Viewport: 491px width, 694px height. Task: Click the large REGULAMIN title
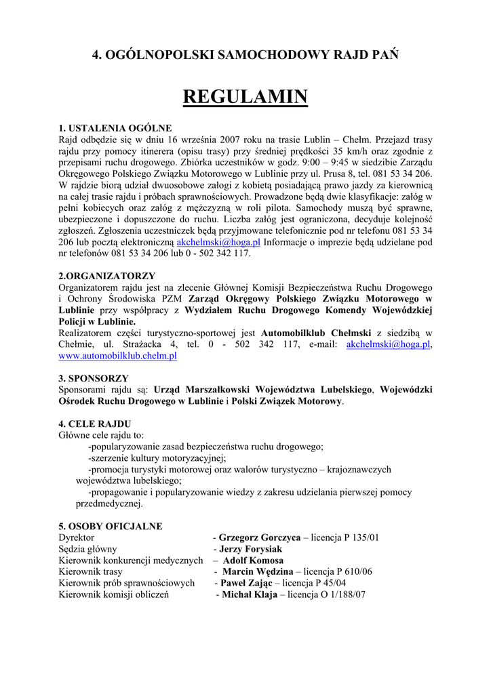click(x=245, y=97)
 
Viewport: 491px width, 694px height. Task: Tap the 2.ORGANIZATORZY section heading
click(x=107, y=276)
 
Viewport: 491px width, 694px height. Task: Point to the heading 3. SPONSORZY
click(x=94, y=378)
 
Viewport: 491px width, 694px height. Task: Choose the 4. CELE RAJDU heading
click(x=95, y=424)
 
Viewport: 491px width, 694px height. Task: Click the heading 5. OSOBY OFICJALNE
click(x=111, y=526)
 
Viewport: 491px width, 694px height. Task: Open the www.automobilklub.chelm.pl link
click(x=118, y=355)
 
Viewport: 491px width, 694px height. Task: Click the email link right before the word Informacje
click(x=218, y=242)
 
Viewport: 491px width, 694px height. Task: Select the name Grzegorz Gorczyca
click(x=260, y=537)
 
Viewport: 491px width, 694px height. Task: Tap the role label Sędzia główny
click(x=88, y=549)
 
